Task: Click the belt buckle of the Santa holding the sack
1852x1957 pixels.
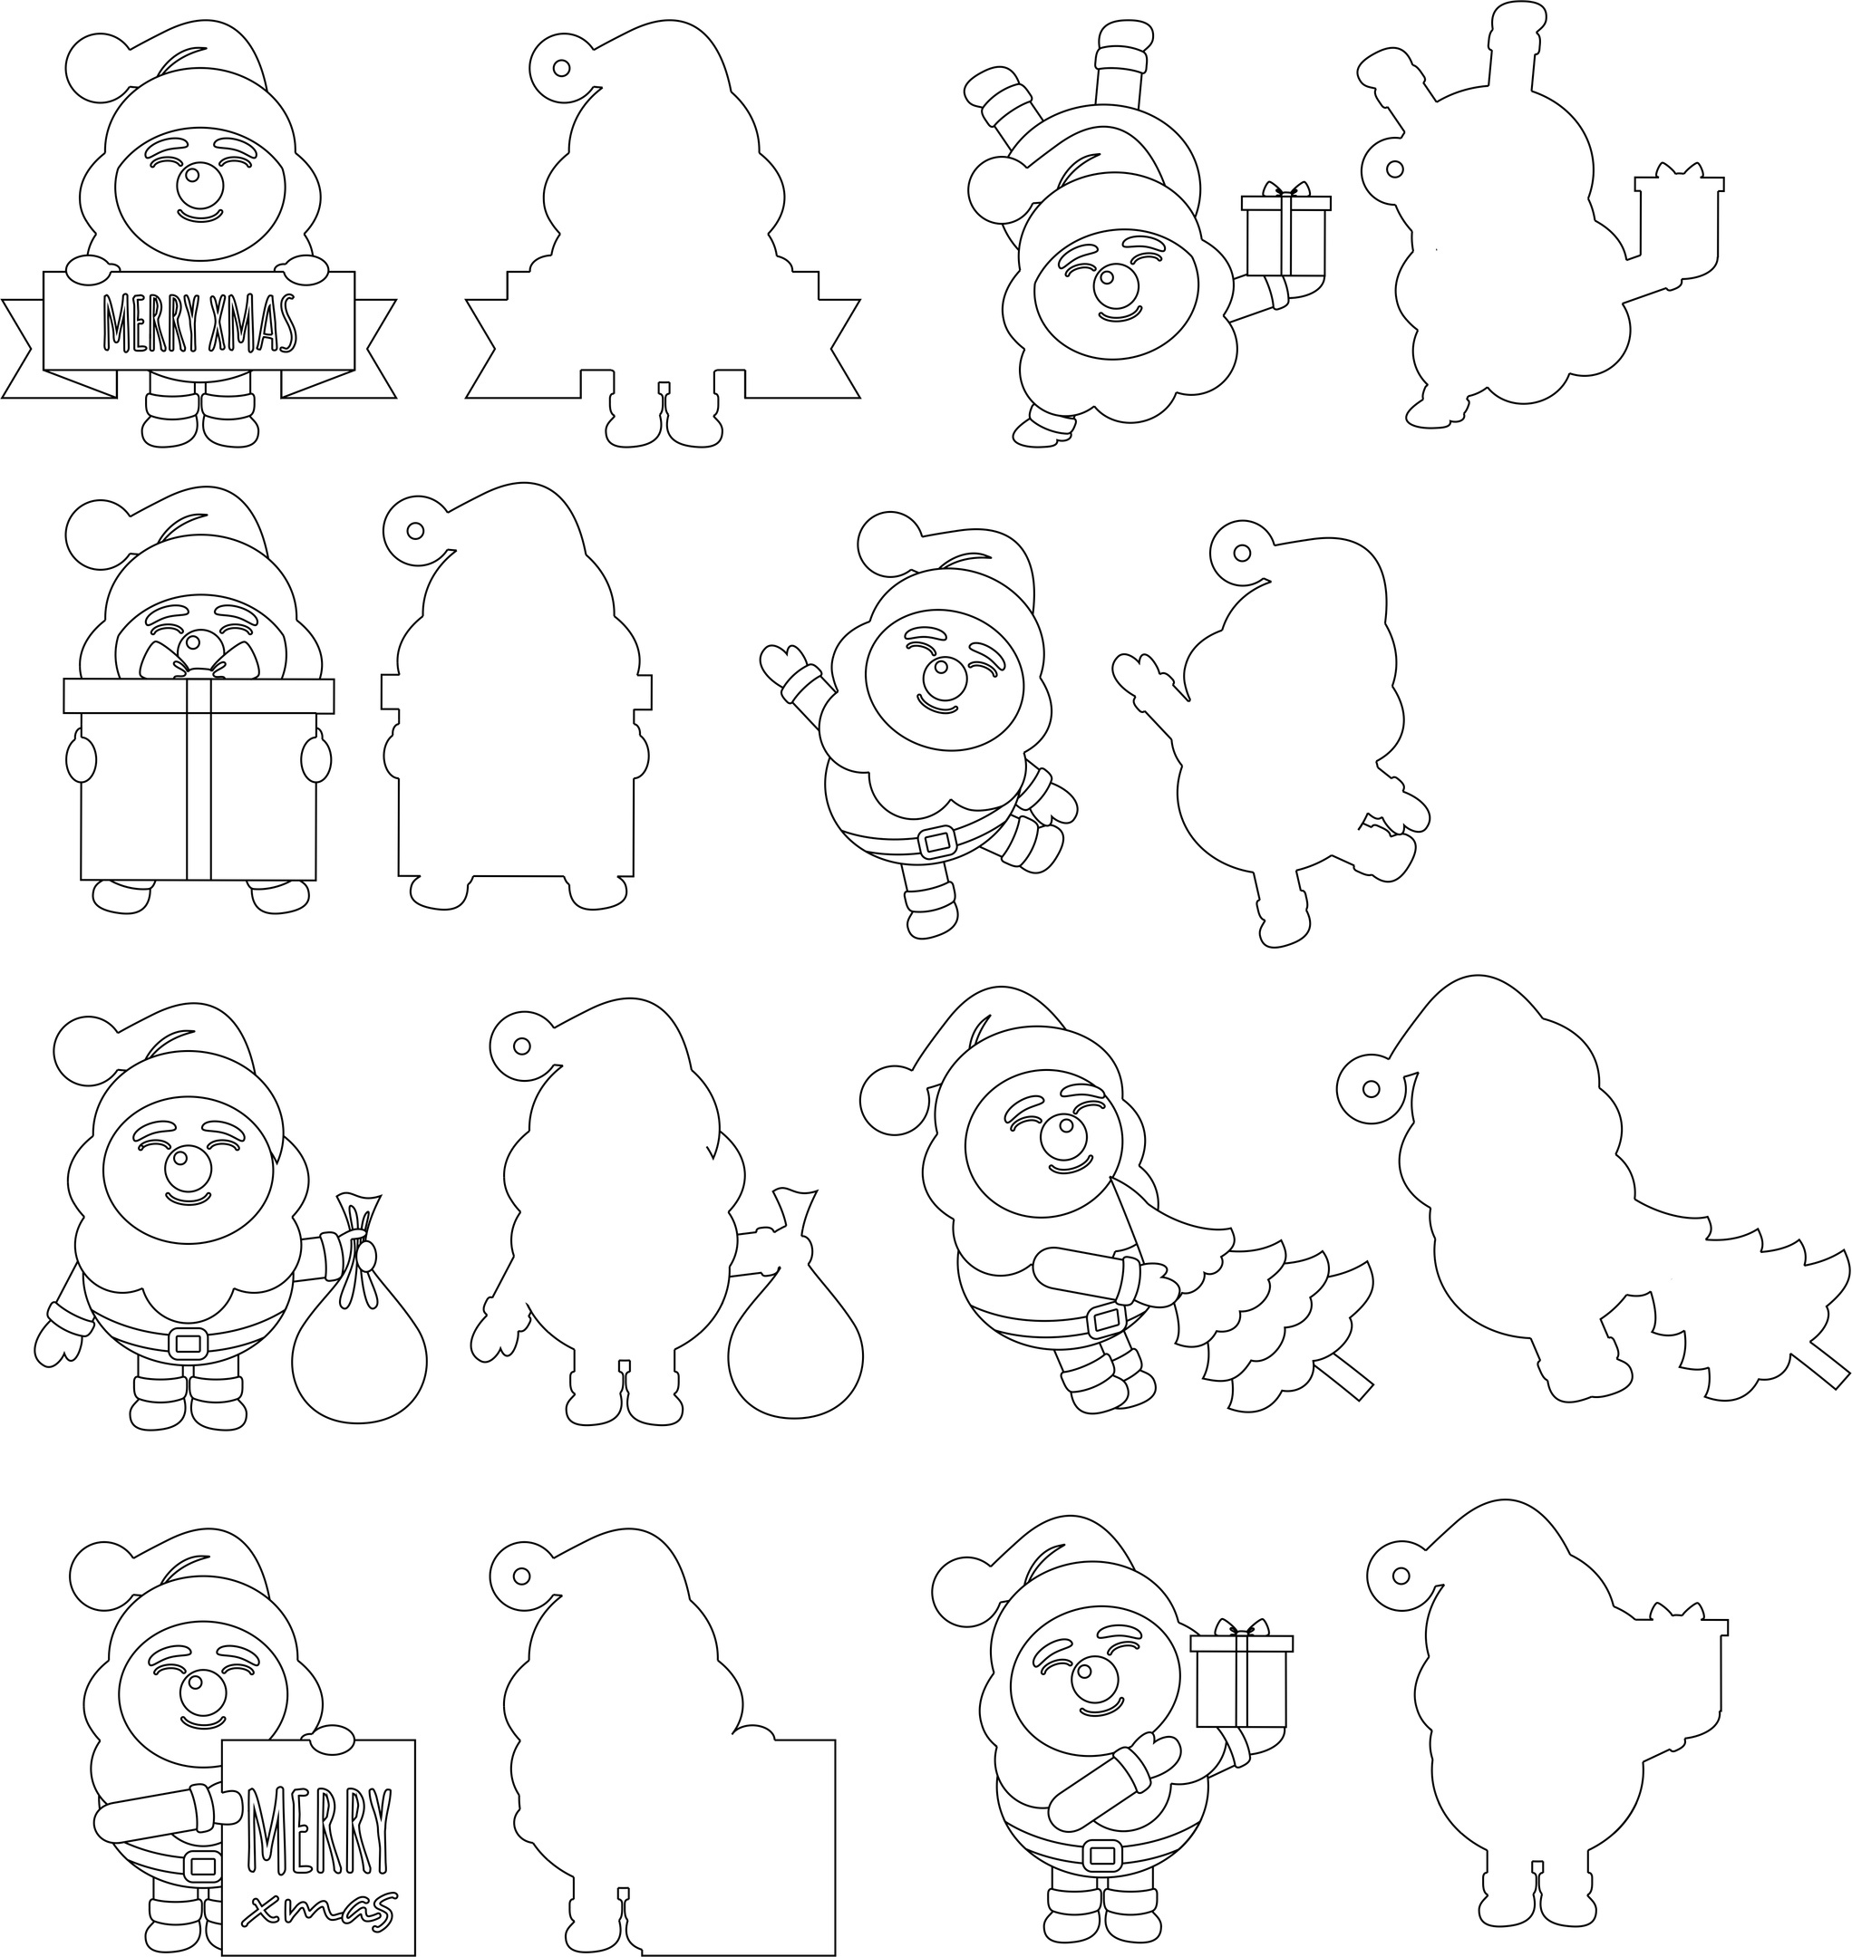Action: (x=188, y=1342)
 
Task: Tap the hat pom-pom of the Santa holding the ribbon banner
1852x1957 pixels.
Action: (x=100, y=66)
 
